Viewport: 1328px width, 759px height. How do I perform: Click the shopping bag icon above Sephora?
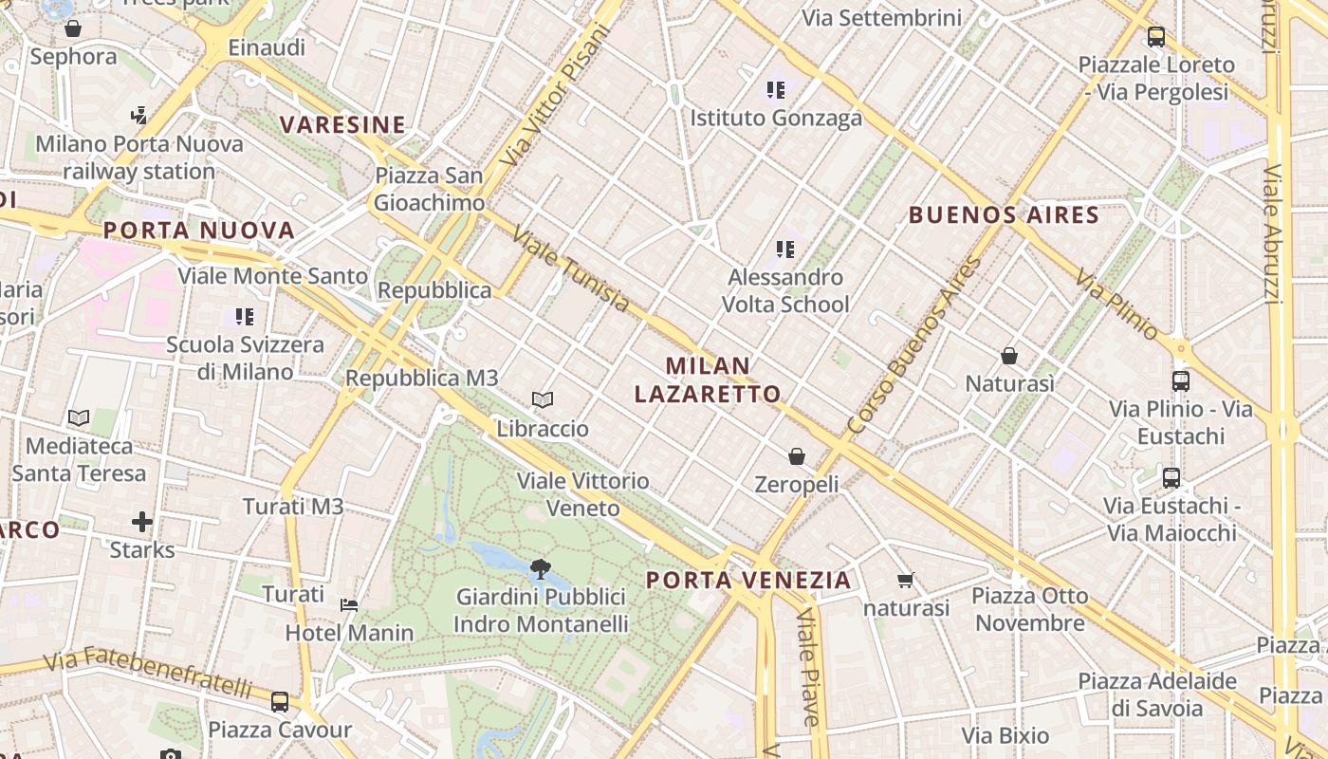coord(73,28)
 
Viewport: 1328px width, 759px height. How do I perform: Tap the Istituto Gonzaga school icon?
coord(776,90)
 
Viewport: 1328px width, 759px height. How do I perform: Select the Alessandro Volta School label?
coord(784,290)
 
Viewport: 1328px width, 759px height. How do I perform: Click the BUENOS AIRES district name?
coord(1004,214)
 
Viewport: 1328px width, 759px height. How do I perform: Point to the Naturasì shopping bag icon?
coord(1009,356)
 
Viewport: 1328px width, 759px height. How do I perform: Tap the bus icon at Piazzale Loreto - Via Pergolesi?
coord(1155,37)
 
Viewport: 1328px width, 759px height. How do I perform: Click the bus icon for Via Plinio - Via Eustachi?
coord(1181,381)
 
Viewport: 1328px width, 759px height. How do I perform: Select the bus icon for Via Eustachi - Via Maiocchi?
coord(1171,477)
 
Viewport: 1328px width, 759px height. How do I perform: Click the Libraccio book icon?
coord(543,400)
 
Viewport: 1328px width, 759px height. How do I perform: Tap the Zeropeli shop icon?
coord(797,456)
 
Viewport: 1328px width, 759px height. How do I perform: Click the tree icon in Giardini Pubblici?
coord(541,569)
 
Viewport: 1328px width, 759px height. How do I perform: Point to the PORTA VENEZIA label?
coord(748,580)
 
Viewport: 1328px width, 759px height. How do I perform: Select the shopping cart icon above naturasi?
coord(906,580)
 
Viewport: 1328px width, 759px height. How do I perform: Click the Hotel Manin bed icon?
coord(349,604)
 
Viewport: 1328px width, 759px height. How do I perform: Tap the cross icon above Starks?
coord(142,522)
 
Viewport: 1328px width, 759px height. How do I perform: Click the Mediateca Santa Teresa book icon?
coord(79,417)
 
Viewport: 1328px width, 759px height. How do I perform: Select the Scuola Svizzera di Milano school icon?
coord(245,316)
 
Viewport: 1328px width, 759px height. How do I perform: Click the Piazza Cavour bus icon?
coord(280,702)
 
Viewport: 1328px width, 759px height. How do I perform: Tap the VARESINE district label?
coord(342,125)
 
